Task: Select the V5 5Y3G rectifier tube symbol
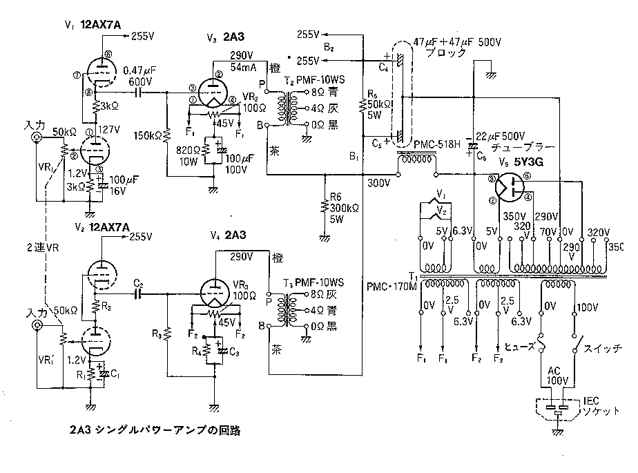(510, 186)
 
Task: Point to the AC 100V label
(558, 376)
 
